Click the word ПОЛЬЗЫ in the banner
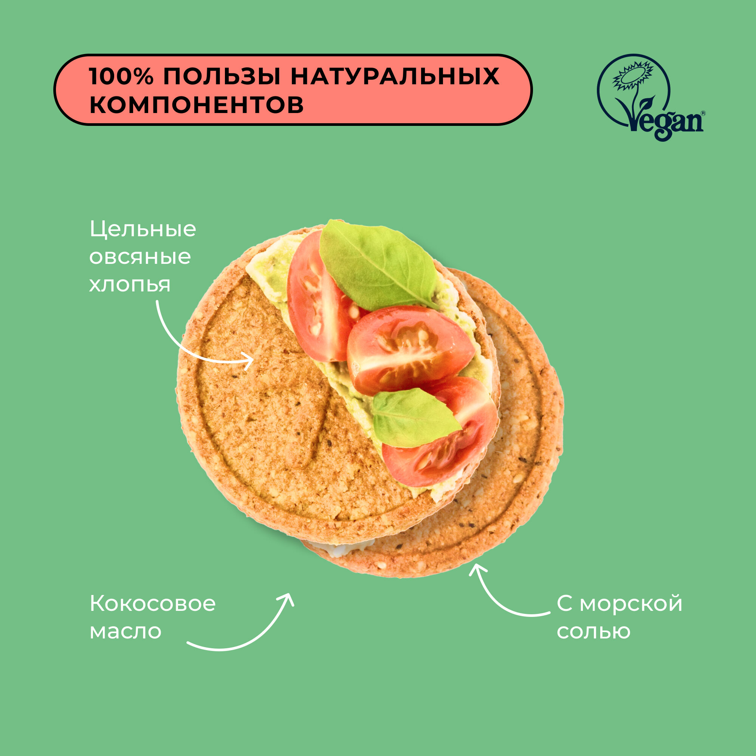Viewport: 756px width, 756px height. pyautogui.click(x=222, y=76)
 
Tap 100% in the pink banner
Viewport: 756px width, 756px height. pyautogui.click(x=121, y=76)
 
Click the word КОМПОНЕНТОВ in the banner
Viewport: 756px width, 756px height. pyautogui.click(x=197, y=104)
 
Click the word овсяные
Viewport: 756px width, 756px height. pyautogui.click(x=140, y=257)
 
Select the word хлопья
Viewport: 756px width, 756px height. pyautogui.click(x=130, y=285)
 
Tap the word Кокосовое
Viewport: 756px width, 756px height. pyautogui.click(x=153, y=604)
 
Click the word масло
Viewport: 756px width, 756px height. pyautogui.click(x=125, y=632)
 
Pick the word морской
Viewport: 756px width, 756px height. pyautogui.click(x=631, y=604)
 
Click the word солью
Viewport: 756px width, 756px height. pyautogui.click(x=593, y=632)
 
